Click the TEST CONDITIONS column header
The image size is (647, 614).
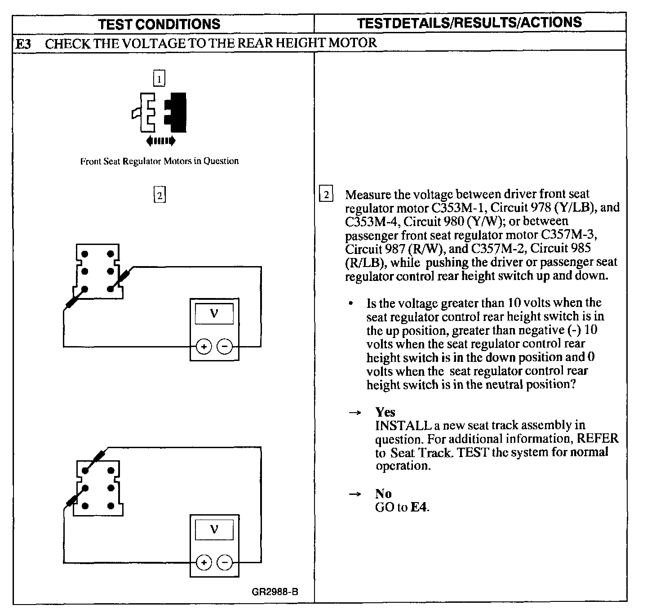[x=160, y=24]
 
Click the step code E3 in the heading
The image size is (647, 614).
[x=23, y=44]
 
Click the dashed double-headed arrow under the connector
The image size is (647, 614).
[x=161, y=141]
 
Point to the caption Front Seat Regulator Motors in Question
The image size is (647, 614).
[x=159, y=161]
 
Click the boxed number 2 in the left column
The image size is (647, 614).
[x=160, y=196]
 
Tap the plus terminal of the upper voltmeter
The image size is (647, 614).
[x=204, y=347]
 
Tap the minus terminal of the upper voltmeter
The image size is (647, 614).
[x=225, y=347]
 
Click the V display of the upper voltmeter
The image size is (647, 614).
[x=214, y=314]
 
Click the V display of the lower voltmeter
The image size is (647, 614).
[x=214, y=529]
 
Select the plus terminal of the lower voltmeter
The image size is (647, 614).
[x=204, y=562]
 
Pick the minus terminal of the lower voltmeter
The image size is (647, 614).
[x=225, y=562]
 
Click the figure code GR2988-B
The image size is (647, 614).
[x=275, y=591]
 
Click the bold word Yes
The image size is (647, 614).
[x=385, y=412]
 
